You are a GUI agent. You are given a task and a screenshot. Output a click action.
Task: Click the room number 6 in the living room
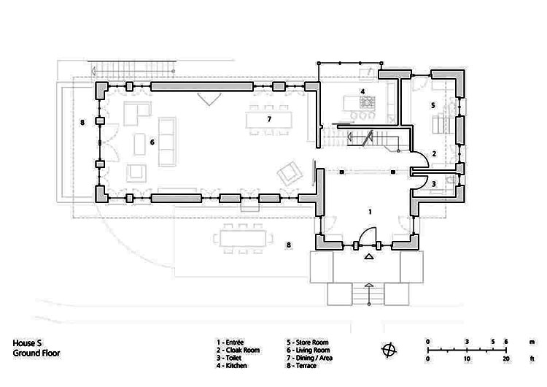point(152,142)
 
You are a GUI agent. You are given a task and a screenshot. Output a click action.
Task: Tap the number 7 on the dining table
point(269,120)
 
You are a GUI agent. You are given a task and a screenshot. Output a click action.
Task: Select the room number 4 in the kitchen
point(362,91)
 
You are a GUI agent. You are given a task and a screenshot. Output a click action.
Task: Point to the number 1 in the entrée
point(370,212)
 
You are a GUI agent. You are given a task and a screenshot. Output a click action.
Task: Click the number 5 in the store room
point(433,105)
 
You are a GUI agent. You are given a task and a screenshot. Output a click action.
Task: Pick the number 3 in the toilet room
point(434,184)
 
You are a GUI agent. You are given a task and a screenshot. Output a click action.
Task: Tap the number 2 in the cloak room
point(434,153)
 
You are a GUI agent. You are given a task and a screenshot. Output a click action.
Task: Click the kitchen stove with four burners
point(368,101)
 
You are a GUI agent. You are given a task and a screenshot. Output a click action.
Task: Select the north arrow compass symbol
point(389,350)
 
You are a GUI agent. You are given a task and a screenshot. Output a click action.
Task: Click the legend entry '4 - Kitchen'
point(232,366)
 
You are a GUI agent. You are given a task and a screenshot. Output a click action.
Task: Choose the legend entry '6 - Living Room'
point(308,350)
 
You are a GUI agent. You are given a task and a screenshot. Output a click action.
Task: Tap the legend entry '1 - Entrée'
point(230,342)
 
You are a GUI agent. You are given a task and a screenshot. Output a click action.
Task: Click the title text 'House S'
point(27,343)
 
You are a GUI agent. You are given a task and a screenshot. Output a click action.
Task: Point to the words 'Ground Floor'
point(36,353)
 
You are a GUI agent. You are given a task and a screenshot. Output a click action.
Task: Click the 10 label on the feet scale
point(467,359)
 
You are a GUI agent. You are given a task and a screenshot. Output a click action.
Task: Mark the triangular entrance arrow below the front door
point(369,258)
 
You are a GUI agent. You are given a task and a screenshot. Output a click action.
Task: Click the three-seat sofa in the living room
point(167,142)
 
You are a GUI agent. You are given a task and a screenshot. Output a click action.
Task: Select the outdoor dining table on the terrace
point(243,239)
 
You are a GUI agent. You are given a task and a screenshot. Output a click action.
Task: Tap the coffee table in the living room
point(140,144)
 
